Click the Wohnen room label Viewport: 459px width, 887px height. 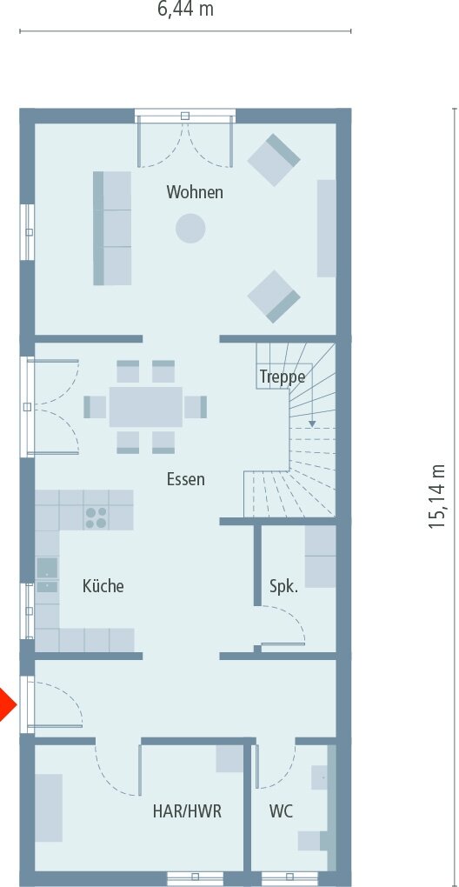pos(195,192)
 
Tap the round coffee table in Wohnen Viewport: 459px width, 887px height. pos(190,229)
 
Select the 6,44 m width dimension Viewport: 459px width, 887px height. pos(185,10)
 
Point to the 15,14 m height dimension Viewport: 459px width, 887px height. pos(437,497)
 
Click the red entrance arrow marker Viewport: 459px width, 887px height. pos(7,704)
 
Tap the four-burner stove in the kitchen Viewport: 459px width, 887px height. pos(96,517)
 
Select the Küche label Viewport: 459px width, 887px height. pos(103,586)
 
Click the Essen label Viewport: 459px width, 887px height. pos(185,480)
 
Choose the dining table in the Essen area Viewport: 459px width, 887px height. pos(146,407)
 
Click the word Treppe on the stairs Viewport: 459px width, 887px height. pos(282,377)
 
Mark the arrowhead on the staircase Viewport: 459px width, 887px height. pos(311,423)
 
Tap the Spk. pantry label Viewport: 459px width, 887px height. pos(283,587)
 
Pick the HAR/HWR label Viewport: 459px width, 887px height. pos(187,811)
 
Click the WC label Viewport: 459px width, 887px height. pos(281,811)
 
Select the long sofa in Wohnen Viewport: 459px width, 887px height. pos(112,228)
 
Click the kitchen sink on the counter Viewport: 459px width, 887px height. pos(47,575)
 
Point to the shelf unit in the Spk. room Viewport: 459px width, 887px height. pos(320,557)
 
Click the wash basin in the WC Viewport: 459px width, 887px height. pos(319,777)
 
